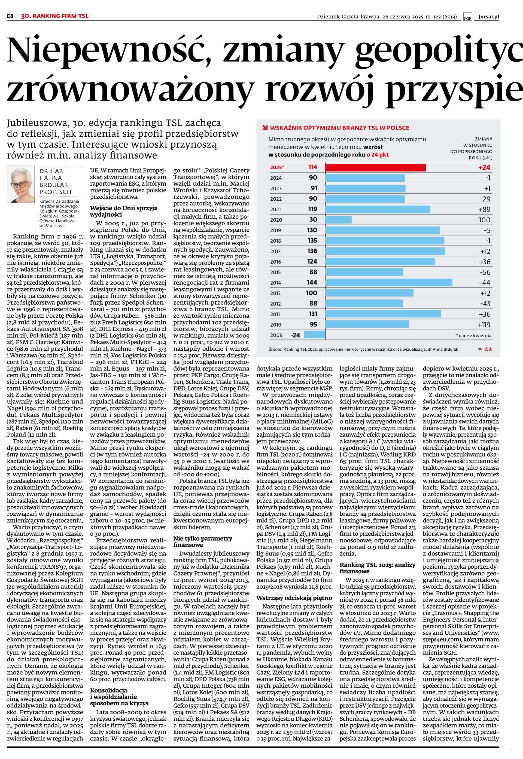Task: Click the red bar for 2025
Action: click(x=375, y=167)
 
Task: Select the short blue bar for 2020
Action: click(x=338, y=220)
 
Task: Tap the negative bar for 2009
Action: click(x=315, y=335)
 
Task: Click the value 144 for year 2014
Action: click(x=312, y=282)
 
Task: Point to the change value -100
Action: click(x=483, y=220)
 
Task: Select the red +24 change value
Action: click(x=484, y=167)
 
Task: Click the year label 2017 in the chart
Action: click(x=276, y=251)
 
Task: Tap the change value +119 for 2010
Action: click(x=484, y=325)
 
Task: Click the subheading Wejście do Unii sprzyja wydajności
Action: click(x=124, y=211)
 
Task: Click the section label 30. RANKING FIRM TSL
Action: click(x=55, y=16)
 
